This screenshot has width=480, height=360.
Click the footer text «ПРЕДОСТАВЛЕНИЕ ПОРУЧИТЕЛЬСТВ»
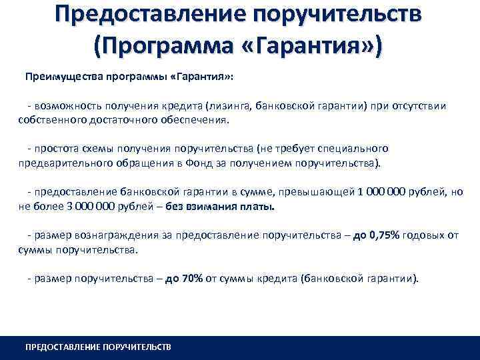[98, 347]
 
